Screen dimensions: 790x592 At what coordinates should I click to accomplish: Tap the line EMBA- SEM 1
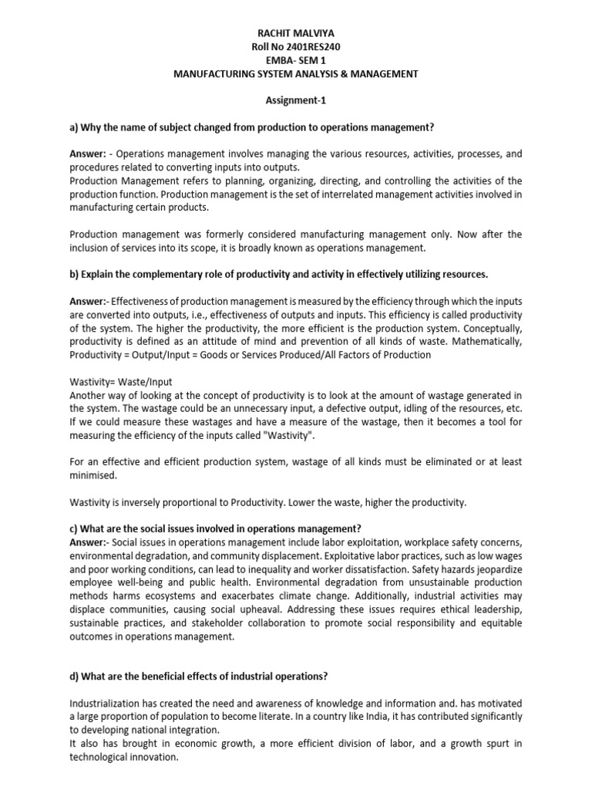click(296, 60)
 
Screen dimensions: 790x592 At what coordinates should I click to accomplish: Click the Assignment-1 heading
click(296, 100)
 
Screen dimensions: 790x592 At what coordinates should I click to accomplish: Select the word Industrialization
click(110, 703)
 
